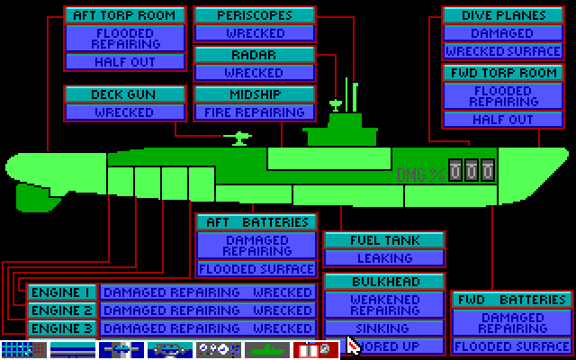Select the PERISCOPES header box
click(x=255, y=15)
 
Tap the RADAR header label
click(x=255, y=55)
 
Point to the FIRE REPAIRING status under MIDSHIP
click(x=255, y=112)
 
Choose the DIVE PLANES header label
click(x=502, y=15)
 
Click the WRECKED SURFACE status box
click(x=502, y=51)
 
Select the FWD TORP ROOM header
click(x=502, y=73)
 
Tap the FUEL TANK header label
click(x=384, y=240)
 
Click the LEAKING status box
click(x=384, y=258)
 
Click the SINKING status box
click(x=384, y=328)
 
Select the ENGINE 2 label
click(x=61, y=310)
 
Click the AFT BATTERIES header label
click(x=257, y=222)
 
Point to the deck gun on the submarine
click(x=239, y=138)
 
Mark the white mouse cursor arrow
click(x=352, y=346)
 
